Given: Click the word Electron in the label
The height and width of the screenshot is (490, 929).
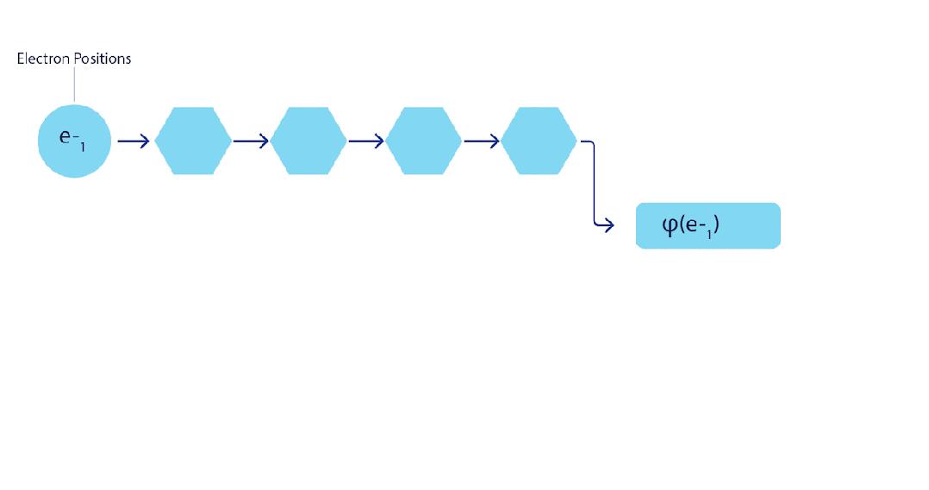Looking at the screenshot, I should point(41,59).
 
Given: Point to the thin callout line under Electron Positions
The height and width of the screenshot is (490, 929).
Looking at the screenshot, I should point(74,85).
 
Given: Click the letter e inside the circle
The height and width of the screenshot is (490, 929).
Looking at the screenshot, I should point(65,136).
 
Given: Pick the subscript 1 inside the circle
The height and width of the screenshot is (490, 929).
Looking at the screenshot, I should point(83,148).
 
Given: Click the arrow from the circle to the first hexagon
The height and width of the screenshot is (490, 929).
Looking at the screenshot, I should point(134,141).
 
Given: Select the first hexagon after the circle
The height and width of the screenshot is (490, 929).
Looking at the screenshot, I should point(193,141).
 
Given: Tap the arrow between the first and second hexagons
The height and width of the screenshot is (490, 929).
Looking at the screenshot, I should point(251,141).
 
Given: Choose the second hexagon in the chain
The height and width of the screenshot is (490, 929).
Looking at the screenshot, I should point(309,141).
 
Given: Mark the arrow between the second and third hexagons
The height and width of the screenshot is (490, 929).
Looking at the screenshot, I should point(366,141).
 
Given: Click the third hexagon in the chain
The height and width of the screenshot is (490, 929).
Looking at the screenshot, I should point(424,141).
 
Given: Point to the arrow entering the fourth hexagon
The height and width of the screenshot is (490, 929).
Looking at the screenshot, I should point(482,141).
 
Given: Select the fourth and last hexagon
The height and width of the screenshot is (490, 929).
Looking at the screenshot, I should point(539,141).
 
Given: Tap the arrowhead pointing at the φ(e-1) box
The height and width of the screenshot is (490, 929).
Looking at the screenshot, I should point(608,225).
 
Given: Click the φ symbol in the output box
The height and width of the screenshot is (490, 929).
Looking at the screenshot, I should point(670,226).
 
